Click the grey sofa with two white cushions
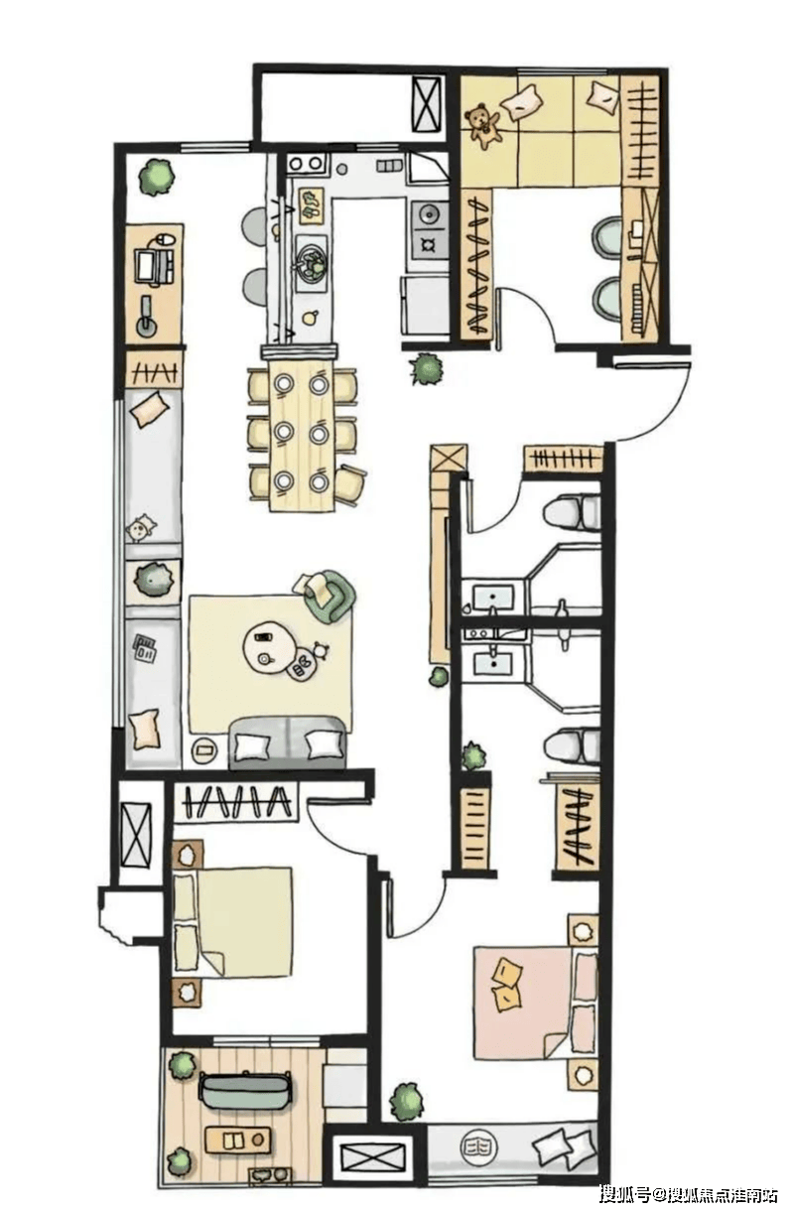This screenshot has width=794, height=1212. click(x=288, y=743)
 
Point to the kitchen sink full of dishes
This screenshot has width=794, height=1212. click(x=311, y=262)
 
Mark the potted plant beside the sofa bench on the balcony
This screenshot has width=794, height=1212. click(x=182, y=1065)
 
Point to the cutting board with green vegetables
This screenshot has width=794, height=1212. click(x=311, y=205)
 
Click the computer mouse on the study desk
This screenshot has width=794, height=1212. click(x=166, y=238)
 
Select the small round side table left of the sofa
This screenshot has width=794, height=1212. click(x=204, y=749)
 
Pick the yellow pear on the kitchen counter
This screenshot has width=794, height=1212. click(x=310, y=317)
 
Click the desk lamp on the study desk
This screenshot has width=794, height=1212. click(x=146, y=319)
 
